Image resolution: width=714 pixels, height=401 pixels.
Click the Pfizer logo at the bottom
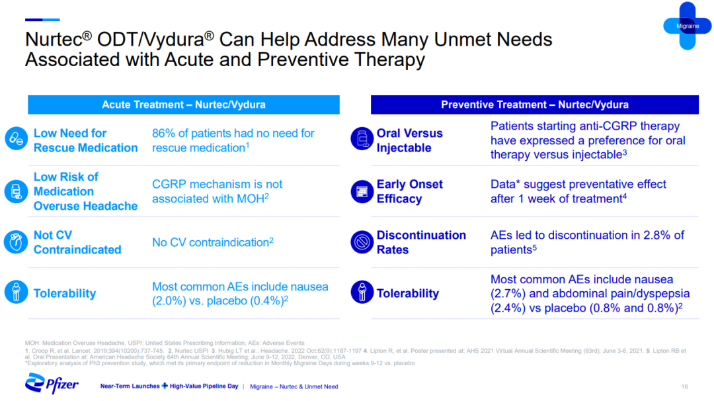tap(52, 383)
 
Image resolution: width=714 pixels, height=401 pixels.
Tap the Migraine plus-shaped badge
tap(687, 26)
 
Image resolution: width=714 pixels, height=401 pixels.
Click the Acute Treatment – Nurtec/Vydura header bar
tap(184, 105)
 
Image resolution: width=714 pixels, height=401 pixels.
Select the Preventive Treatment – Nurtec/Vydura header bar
tap(535, 105)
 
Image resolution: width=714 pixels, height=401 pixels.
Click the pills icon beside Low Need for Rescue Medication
tap(17, 138)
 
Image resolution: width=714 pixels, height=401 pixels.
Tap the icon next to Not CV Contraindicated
tap(16, 242)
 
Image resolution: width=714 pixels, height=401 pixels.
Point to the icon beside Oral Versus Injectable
tap(362, 138)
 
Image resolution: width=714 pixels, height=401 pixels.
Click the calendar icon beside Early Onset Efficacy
tap(362, 191)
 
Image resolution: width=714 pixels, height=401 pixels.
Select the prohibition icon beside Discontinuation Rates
tap(362, 242)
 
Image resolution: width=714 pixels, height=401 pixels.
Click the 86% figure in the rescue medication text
tap(163, 133)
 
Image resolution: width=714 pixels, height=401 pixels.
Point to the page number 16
tap(684, 386)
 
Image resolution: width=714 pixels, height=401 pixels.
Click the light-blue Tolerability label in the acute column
tap(65, 293)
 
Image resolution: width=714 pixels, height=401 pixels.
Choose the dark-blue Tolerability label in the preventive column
tap(407, 293)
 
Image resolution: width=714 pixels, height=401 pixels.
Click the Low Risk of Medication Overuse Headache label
tap(85, 191)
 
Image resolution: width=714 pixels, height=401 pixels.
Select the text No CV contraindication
tap(211, 242)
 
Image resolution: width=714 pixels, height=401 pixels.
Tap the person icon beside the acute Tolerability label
tap(16, 292)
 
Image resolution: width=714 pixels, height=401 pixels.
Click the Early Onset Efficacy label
tap(409, 191)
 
